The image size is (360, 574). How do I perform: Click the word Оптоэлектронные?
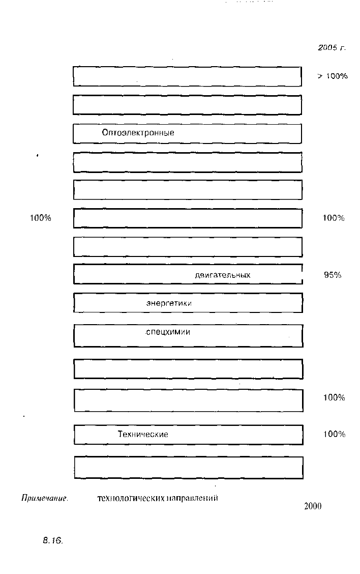[138, 133]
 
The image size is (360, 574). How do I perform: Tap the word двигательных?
[222, 275]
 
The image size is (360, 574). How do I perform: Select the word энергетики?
[169, 303]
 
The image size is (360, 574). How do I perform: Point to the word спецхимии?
[168, 332]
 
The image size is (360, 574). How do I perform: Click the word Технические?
[143, 434]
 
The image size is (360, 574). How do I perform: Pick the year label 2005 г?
[332, 48]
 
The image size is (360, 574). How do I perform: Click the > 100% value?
[332, 76]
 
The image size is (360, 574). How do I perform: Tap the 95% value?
[333, 275]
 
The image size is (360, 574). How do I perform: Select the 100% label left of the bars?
[40, 218]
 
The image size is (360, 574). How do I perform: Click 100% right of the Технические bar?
[334, 434]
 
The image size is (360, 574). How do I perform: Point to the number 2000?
[313, 506]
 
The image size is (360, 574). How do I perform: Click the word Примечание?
[45, 498]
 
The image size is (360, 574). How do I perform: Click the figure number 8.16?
[53, 540]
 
